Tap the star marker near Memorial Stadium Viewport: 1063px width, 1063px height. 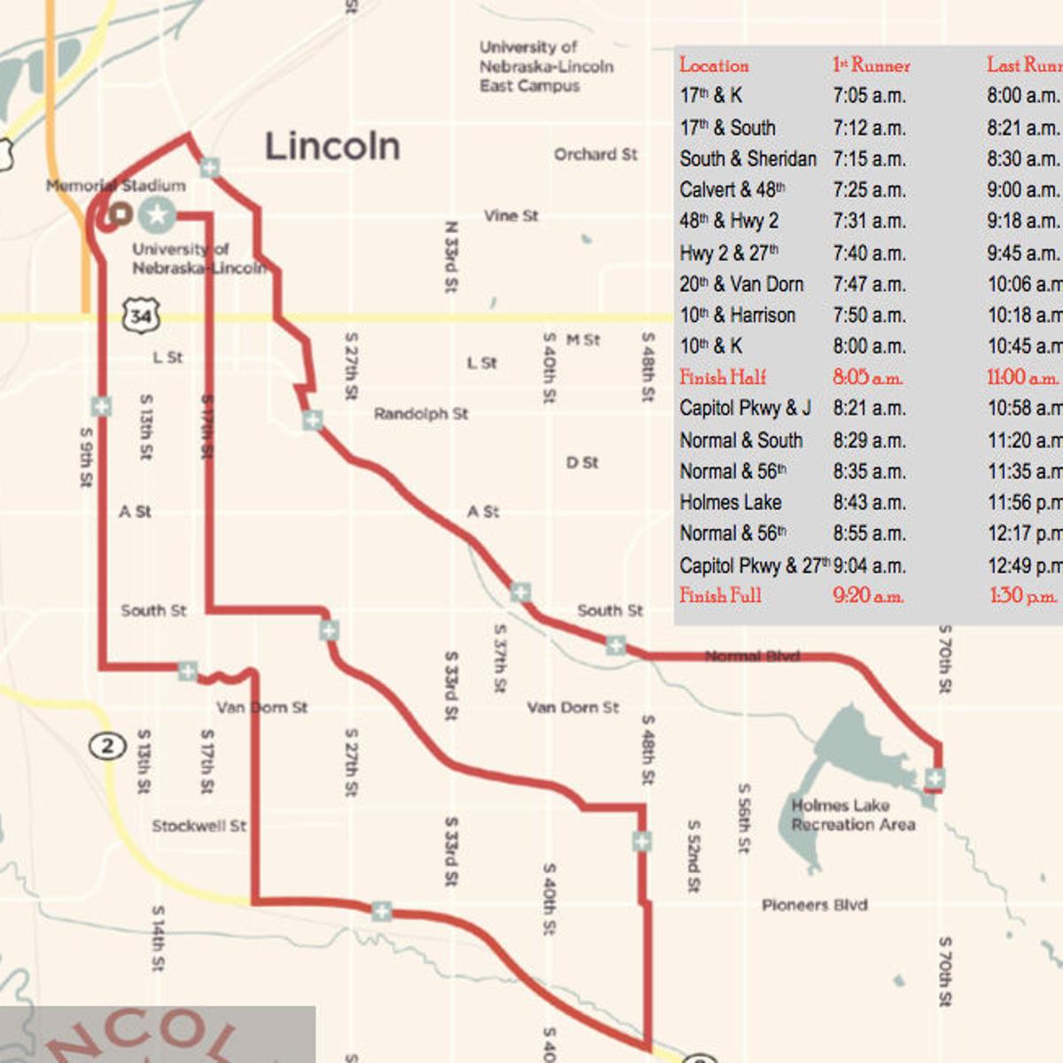click(x=157, y=213)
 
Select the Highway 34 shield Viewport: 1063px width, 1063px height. click(x=141, y=316)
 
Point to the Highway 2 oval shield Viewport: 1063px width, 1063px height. click(x=107, y=745)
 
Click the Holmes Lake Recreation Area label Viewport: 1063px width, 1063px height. click(x=852, y=815)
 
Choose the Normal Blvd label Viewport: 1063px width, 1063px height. click(x=752, y=656)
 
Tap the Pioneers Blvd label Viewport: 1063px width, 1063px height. click(x=814, y=905)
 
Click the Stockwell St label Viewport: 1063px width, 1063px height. click(x=198, y=826)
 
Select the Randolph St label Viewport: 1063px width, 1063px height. click(x=421, y=414)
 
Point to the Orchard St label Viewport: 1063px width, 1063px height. click(x=595, y=154)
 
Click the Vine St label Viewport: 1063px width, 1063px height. click(x=511, y=215)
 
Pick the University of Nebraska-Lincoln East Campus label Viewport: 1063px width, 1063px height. click(x=546, y=66)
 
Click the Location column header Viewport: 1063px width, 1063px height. click(x=714, y=65)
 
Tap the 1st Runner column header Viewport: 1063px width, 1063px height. click(x=871, y=65)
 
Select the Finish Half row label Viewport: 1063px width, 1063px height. click(x=723, y=377)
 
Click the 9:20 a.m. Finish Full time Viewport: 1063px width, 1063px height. click(x=868, y=596)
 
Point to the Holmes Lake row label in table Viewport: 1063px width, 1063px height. click(x=731, y=502)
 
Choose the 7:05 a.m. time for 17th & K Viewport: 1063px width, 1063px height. click(x=869, y=96)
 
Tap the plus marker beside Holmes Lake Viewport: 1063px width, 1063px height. click(x=935, y=779)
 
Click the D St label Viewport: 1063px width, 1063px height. click(x=582, y=462)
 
